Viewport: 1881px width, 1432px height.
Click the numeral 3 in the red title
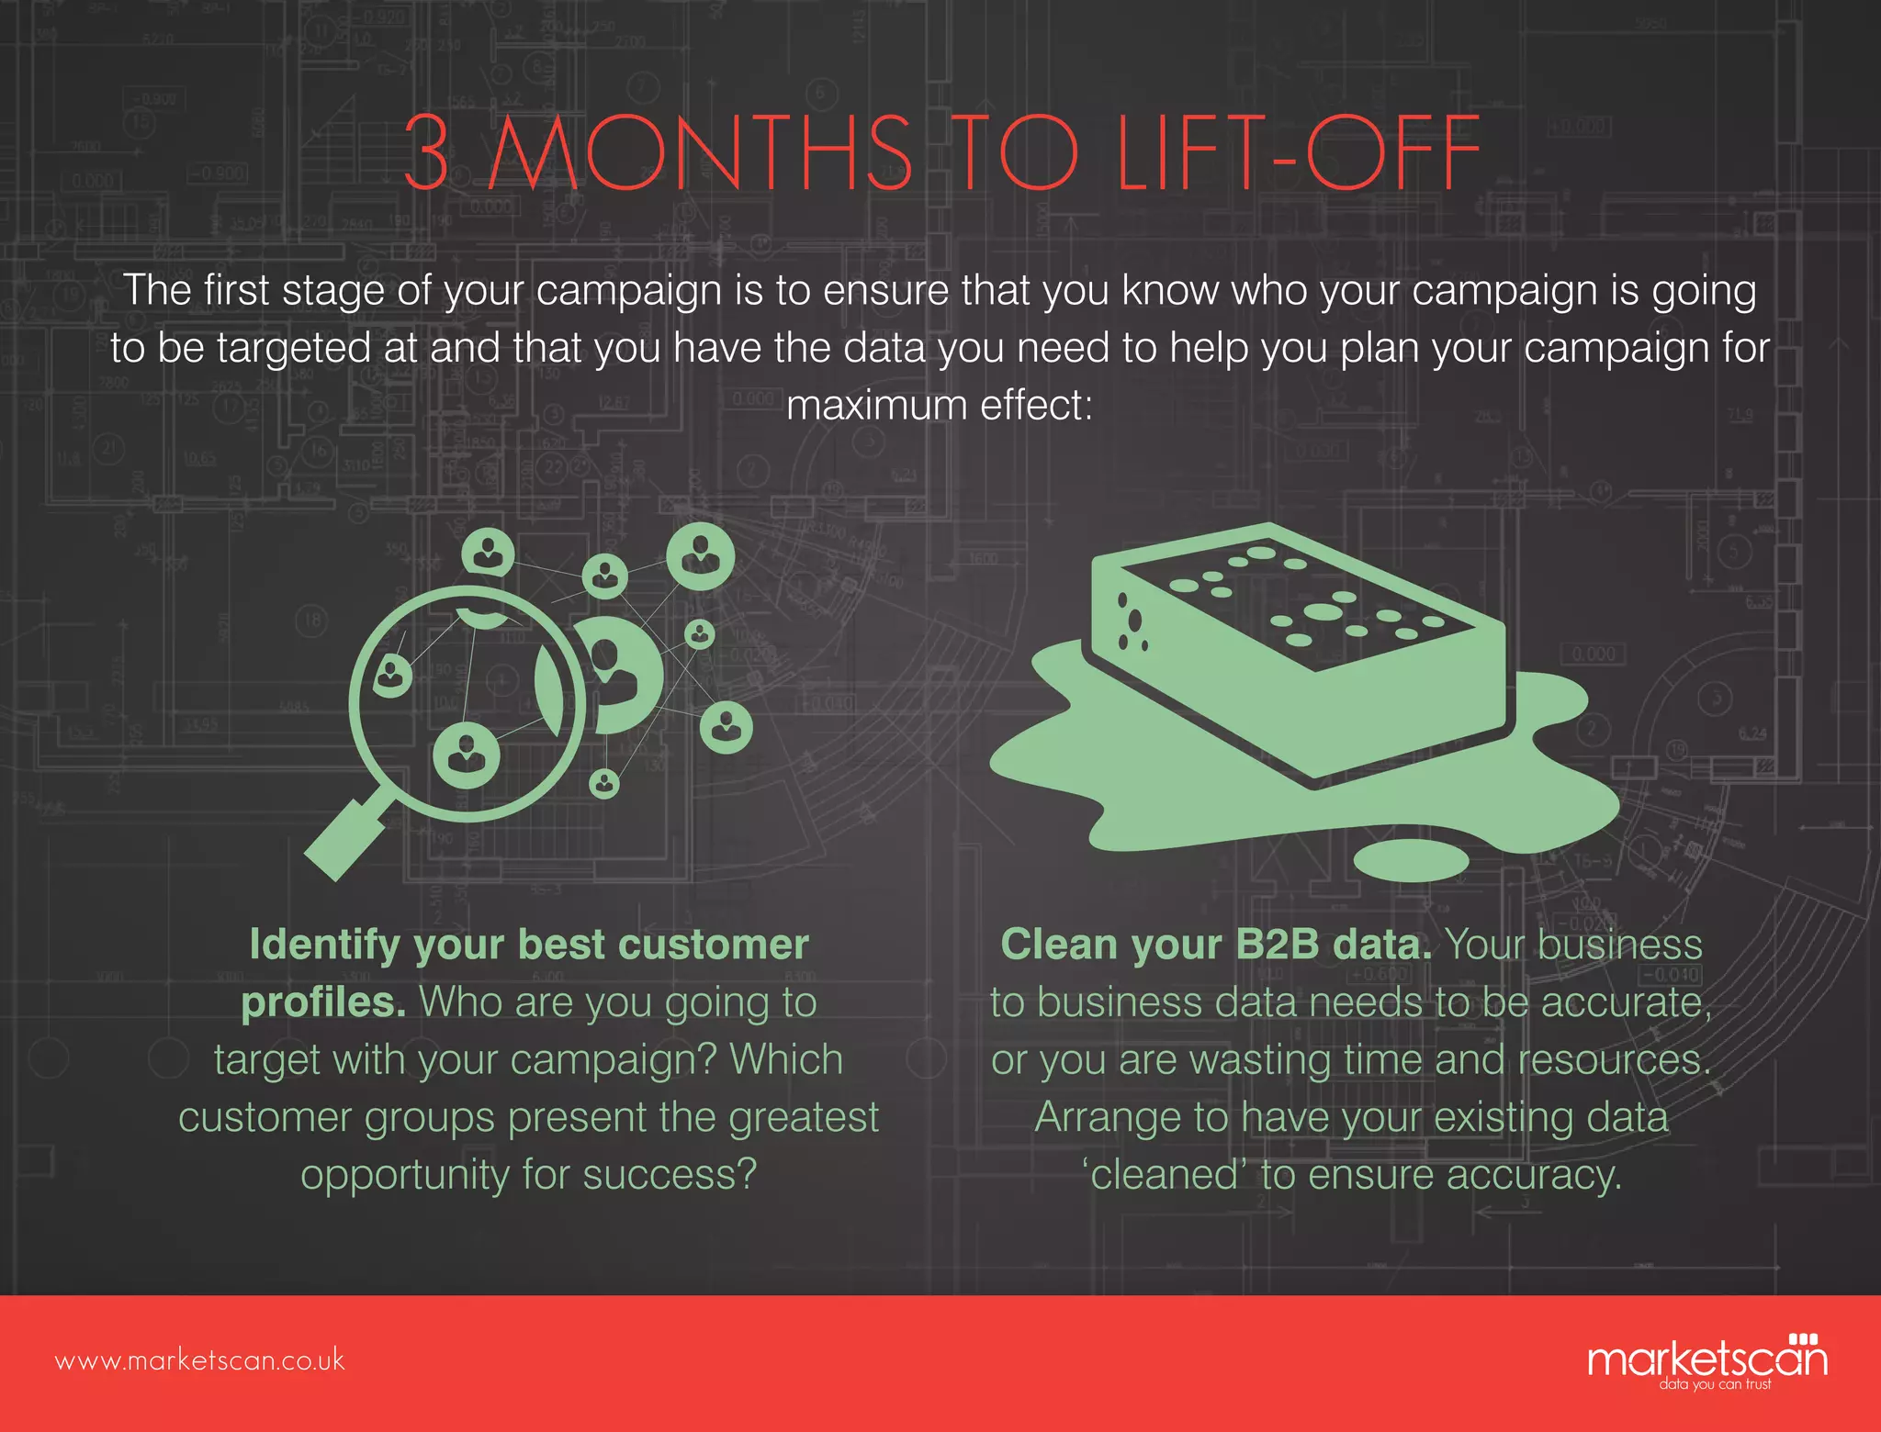pos(428,152)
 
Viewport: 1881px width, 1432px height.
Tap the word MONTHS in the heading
pos(700,152)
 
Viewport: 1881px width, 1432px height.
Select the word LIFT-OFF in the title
pos(1297,152)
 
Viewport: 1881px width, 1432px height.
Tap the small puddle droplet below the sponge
pos(1412,859)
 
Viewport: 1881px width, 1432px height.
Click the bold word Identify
pos(324,945)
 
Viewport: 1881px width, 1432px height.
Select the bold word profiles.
pos(323,1002)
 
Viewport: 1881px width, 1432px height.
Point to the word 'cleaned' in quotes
pos(1164,1174)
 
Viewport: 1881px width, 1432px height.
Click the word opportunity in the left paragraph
pos(405,1176)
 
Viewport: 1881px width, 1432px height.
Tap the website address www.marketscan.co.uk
pos(200,1360)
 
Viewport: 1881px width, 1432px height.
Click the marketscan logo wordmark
pos(1706,1359)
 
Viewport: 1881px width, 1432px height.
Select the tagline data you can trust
pos(1714,1384)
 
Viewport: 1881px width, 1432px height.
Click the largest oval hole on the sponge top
pos(1321,611)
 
